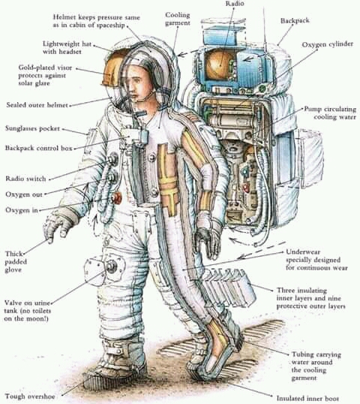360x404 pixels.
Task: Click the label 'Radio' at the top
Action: [x=235, y=3]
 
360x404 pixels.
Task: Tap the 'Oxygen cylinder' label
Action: [x=327, y=44]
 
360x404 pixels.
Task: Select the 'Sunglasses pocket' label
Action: [x=32, y=128]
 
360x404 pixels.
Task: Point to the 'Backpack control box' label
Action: [x=39, y=148]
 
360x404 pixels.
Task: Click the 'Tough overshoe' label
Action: [x=30, y=396]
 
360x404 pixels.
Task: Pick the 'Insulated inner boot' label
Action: [x=307, y=398]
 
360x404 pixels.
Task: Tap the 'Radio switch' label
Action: [x=25, y=179]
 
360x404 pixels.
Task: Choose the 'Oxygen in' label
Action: [x=22, y=210]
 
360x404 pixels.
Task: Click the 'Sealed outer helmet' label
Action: [x=37, y=105]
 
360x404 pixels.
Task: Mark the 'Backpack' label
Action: [x=295, y=20]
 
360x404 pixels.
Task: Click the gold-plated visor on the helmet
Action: [x=113, y=68]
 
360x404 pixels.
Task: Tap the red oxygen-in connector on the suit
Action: [x=117, y=198]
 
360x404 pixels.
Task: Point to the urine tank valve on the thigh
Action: [x=112, y=267]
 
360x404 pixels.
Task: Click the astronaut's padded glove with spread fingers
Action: [x=58, y=225]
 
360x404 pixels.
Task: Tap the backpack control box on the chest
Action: [x=136, y=136]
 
